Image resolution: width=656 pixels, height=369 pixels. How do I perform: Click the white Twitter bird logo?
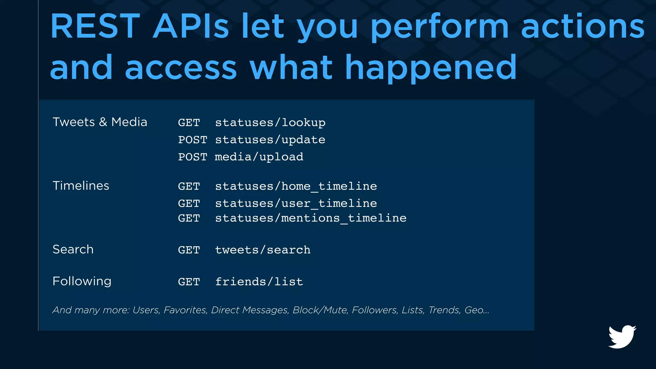[622, 337]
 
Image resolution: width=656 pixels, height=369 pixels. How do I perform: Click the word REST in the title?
[95, 27]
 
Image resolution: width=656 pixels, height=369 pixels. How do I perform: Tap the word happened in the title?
[431, 68]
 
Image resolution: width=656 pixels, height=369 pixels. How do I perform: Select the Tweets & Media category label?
[100, 122]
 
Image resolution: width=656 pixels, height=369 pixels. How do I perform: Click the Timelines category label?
[81, 186]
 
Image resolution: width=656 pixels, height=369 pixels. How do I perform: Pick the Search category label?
[73, 250]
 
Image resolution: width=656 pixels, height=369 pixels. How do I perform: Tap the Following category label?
[82, 281]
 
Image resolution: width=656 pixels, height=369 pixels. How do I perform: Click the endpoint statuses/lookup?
[270, 123]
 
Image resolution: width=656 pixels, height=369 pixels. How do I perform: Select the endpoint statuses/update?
[270, 140]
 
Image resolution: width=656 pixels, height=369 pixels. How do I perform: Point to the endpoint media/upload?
[259, 157]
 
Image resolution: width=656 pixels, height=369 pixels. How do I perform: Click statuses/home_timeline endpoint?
[296, 186]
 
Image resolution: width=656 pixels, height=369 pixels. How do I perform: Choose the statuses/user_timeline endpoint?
[296, 203]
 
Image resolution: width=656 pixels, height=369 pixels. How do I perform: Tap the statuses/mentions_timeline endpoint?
[310, 218]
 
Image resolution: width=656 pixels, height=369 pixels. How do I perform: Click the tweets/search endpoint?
[263, 250]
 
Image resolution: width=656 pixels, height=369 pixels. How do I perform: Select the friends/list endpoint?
[259, 282]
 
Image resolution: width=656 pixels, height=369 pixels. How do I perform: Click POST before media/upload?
[193, 157]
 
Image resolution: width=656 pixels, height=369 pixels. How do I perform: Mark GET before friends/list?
[189, 282]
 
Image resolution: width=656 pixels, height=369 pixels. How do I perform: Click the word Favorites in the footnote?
[185, 310]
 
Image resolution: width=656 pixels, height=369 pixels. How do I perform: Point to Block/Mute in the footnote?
[320, 310]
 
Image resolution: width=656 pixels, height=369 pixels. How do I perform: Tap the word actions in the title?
[583, 27]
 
